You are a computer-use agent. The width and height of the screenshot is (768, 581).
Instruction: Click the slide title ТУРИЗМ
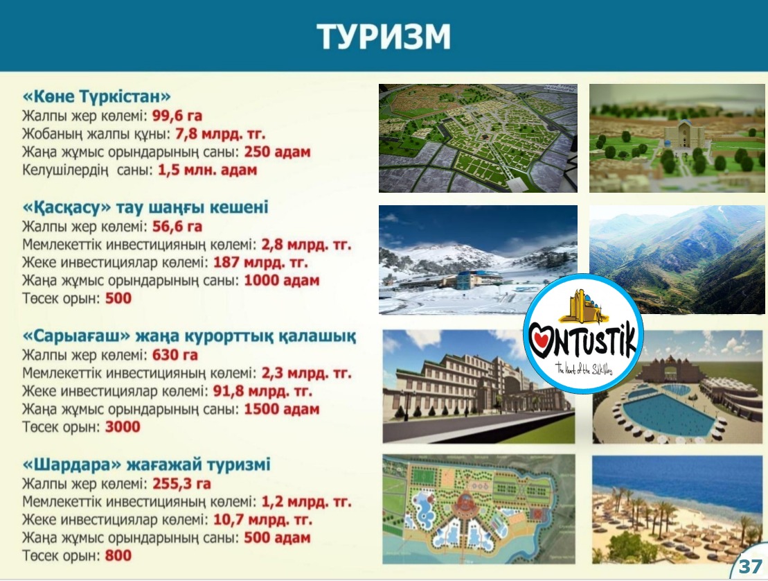tap(384, 36)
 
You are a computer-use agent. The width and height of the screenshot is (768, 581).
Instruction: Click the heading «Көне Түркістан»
tap(96, 96)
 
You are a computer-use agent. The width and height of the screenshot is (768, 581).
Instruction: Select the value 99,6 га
tap(177, 116)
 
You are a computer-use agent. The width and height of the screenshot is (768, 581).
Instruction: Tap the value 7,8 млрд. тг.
tap(220, 134)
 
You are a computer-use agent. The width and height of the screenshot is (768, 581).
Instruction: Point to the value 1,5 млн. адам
tap(207, 170)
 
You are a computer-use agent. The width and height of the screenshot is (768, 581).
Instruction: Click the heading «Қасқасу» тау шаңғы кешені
tap(145, 207)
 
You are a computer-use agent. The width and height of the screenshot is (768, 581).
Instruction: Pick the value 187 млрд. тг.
tap(260, 262)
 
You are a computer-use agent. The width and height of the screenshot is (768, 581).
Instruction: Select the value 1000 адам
tap(282, 281)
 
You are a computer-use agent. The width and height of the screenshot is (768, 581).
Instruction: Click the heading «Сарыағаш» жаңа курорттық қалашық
tap(190, 336)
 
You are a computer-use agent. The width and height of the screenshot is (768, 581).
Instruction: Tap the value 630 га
tap(175, 355)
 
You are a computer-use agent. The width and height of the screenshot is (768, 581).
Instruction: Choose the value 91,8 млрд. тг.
tap(262, 391)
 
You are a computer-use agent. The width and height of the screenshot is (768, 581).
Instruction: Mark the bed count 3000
tap(123, 427)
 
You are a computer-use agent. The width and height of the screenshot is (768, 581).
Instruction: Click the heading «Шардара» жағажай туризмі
tap(146, 465)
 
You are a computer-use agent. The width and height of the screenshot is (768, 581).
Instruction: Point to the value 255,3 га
tap(181, 484)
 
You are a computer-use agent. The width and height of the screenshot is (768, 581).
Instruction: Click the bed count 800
tap(118, 555)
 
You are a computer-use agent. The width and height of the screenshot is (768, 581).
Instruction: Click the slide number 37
tap(751, 566)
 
